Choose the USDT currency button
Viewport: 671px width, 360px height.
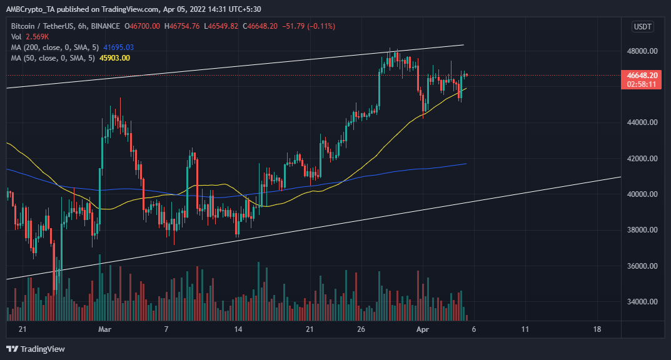click(642, 26)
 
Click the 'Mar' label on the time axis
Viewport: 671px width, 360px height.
click(105, 329)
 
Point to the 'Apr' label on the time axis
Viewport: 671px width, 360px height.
click(424, 329)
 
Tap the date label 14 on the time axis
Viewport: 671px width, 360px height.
click(238, 329)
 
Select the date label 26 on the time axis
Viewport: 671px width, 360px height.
click(361, 329)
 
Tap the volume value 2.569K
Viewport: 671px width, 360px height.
click(37, 36)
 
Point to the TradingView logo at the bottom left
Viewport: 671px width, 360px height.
click(36, 349)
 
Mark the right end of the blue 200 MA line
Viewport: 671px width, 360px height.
click(465, 164)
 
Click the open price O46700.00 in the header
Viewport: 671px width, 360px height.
click(144, 26)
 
